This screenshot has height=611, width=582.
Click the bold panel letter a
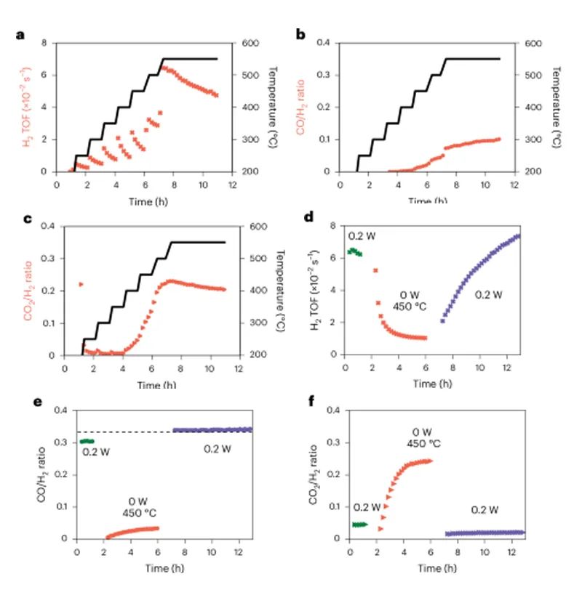tap(20, 34)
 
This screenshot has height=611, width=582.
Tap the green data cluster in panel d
tap(354, 251)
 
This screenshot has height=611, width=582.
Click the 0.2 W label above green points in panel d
tap(360, 235)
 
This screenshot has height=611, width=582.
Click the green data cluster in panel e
tap(87, 441)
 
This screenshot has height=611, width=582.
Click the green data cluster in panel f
tap(359, 525)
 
